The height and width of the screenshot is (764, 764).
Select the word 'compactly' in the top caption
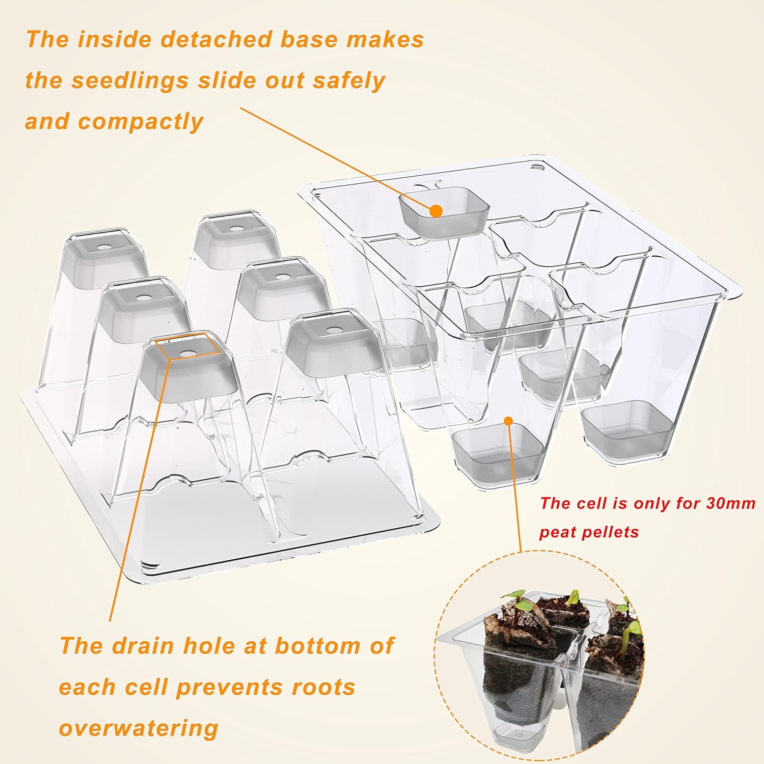141,122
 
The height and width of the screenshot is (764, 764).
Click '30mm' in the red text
731,503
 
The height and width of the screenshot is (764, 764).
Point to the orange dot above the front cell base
508,420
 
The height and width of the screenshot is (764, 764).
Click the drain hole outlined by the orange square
187,351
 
